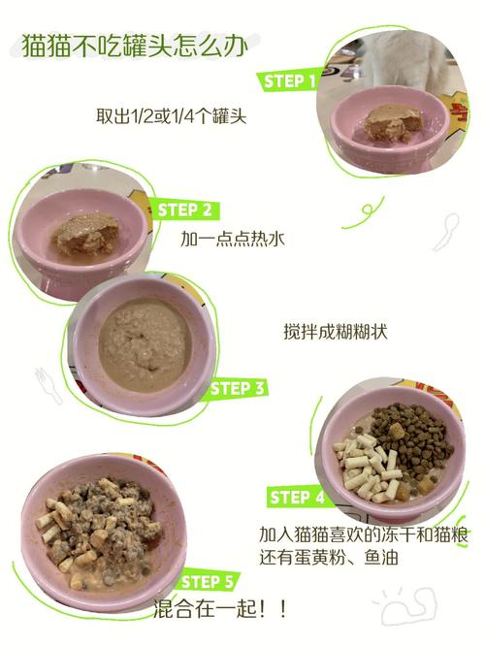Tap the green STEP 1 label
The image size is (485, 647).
click(x=289, y=81)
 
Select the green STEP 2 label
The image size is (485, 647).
click(x=184, y=210)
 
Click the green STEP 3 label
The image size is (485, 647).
click(x=238, y=388)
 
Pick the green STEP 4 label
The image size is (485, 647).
click(x=297, y=498)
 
